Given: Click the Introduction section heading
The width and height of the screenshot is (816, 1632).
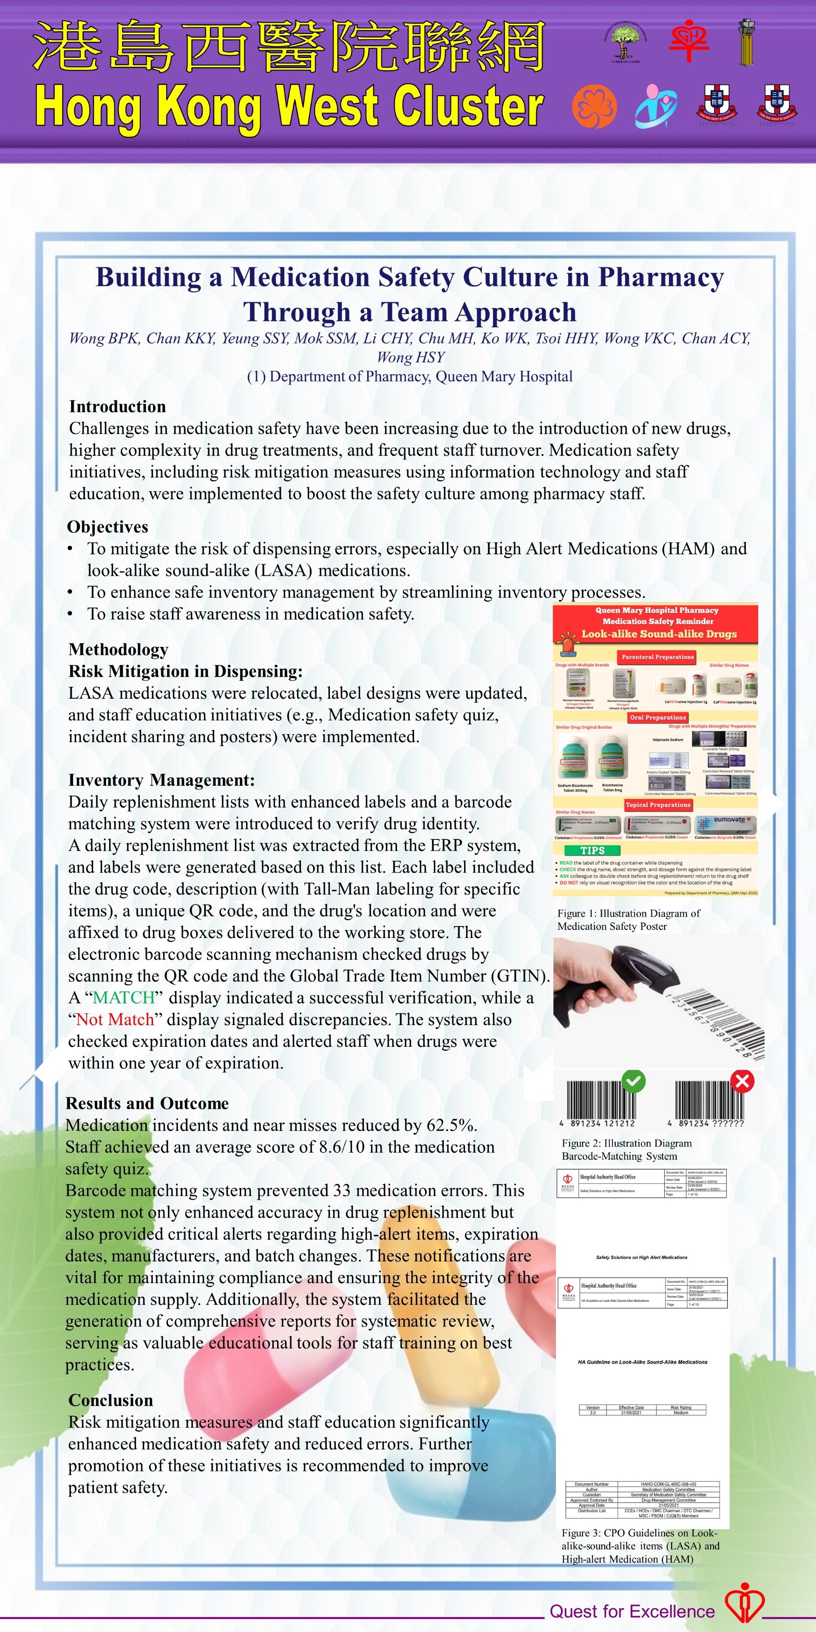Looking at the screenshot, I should [117, 406].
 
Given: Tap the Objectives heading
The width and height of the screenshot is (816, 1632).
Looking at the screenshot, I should [108, 527].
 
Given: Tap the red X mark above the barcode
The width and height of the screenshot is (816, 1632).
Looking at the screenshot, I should [742, 1081].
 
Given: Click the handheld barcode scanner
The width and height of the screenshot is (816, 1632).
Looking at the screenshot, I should [608, 979].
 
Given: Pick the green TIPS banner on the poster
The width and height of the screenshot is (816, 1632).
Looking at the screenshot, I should [592, 850].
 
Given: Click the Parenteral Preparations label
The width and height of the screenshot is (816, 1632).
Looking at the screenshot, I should [657, 657].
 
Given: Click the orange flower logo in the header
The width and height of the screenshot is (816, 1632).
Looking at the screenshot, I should [594, 106].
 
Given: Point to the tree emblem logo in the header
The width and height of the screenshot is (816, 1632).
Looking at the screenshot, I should [625, 41].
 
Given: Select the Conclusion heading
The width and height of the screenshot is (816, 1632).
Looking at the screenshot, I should [111, 1400].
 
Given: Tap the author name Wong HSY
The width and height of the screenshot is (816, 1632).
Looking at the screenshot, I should [411, 357].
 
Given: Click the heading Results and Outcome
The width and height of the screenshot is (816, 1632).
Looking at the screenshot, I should [147, 1103].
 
